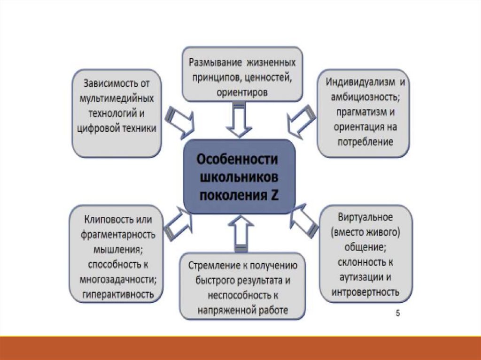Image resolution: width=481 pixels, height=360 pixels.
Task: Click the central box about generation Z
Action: point(239,177)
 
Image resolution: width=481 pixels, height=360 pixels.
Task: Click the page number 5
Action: point(397,314)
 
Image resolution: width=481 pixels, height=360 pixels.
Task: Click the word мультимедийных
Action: point(117,99)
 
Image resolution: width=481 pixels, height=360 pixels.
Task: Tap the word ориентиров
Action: point(242,92)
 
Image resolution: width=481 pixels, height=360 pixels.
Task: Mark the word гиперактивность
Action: point(118,294)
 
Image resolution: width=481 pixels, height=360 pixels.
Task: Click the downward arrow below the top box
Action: point(240,120)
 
